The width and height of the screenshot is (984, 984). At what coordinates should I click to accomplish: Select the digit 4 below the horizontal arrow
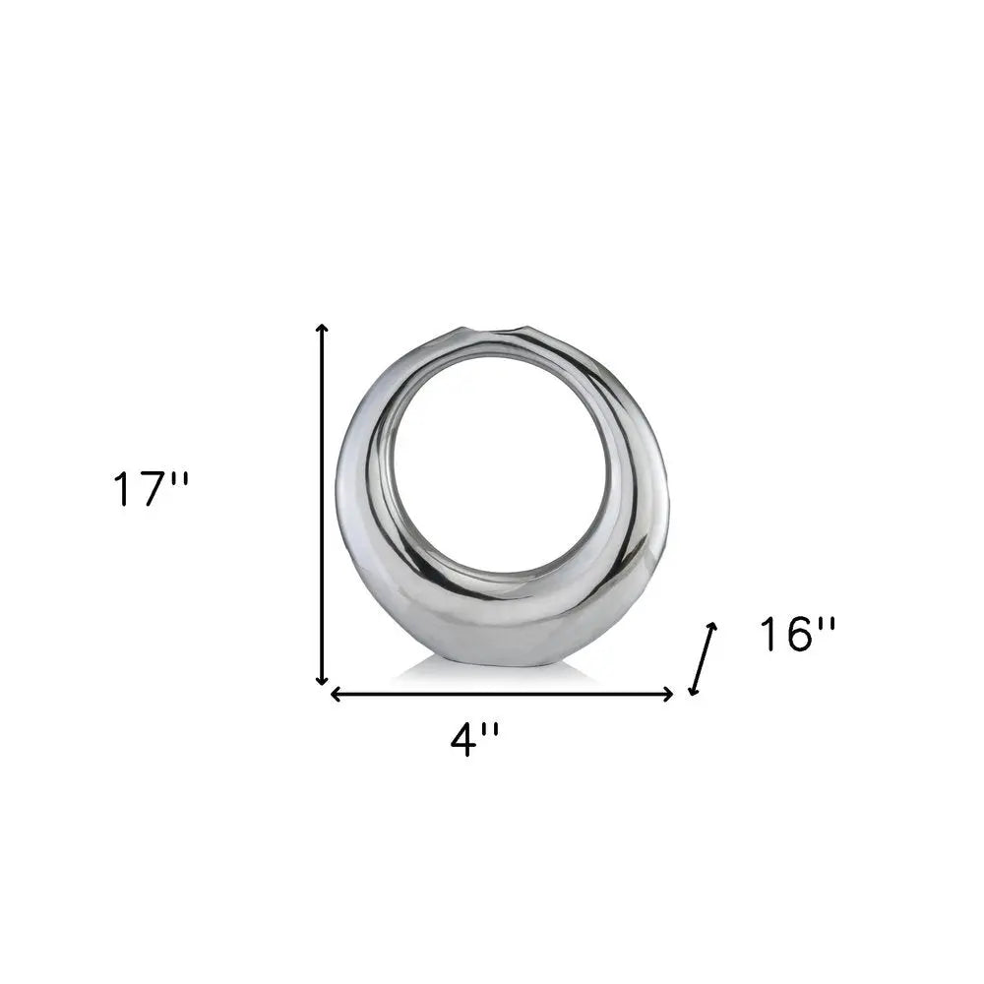tap(461, 739)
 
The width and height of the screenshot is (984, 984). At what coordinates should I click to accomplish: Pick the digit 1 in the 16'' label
tap(769, 635)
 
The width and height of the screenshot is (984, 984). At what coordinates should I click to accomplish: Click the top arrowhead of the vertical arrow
tap(322, 329)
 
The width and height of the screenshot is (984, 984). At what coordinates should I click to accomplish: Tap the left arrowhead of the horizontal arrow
tap(336, 694)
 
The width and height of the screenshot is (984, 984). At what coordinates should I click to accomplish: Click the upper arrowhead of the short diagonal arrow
tap(712, 627)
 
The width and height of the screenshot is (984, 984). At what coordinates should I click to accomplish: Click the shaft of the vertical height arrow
tap(322, 502)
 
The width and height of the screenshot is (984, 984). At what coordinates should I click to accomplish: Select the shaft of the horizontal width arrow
tap(502, 694)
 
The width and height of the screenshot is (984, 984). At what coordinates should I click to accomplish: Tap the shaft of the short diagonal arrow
tap(703, 658)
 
